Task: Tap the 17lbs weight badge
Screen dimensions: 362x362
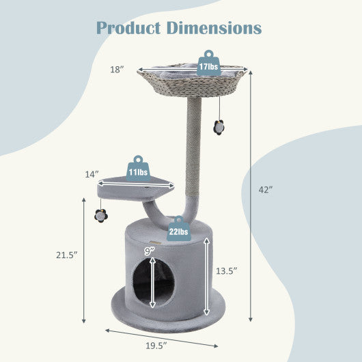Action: (208, 66)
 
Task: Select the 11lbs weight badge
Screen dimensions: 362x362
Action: (138, 171)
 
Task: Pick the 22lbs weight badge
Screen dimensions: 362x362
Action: (180, 232)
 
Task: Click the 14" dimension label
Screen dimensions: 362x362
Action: (92, 175)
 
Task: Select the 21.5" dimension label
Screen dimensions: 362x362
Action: (66, 255)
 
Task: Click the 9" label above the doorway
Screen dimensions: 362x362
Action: (149, 251)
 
